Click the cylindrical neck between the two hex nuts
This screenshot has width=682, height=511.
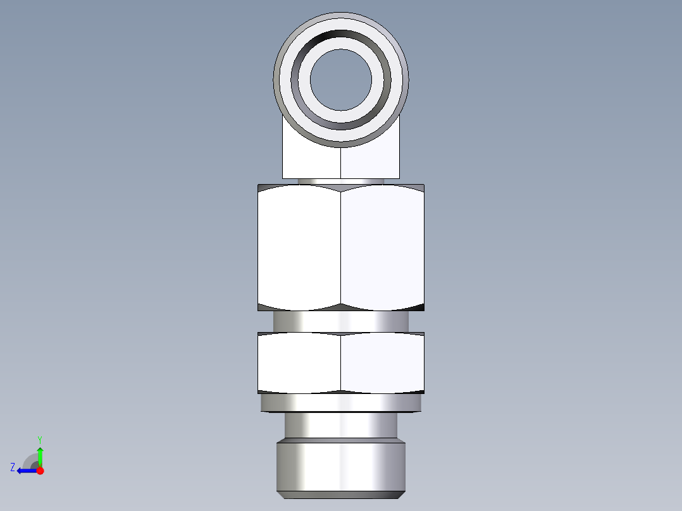[340, 321]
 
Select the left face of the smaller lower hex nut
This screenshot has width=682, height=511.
[299, 362]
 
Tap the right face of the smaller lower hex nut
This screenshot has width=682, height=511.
[382, 362]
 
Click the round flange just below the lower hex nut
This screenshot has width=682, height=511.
[340, 403]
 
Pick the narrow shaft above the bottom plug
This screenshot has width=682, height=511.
[340, 426]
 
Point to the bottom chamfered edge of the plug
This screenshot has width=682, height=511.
[340, 494]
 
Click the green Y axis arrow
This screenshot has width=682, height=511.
[40, 455]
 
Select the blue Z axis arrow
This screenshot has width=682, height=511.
[25, 471]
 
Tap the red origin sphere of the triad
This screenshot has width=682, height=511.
[40, 471]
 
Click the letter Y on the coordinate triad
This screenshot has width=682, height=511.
[39, 439]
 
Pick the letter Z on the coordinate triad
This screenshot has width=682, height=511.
[13, 467]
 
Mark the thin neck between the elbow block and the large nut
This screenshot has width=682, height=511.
[340, 182]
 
